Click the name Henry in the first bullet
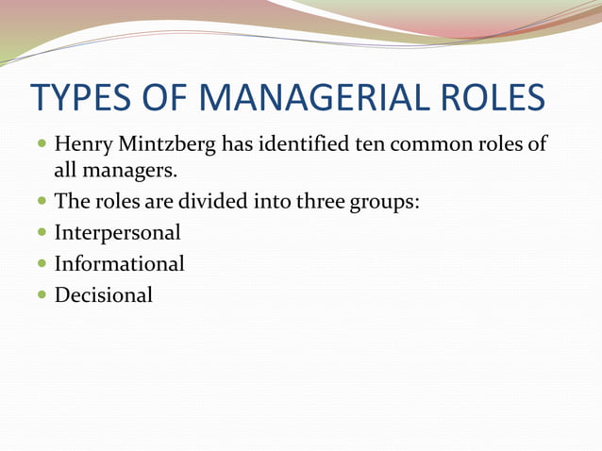pos(83,147)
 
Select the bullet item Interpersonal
pos(117,232)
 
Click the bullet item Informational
pos(119,263)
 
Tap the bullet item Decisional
pos(103,294)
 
